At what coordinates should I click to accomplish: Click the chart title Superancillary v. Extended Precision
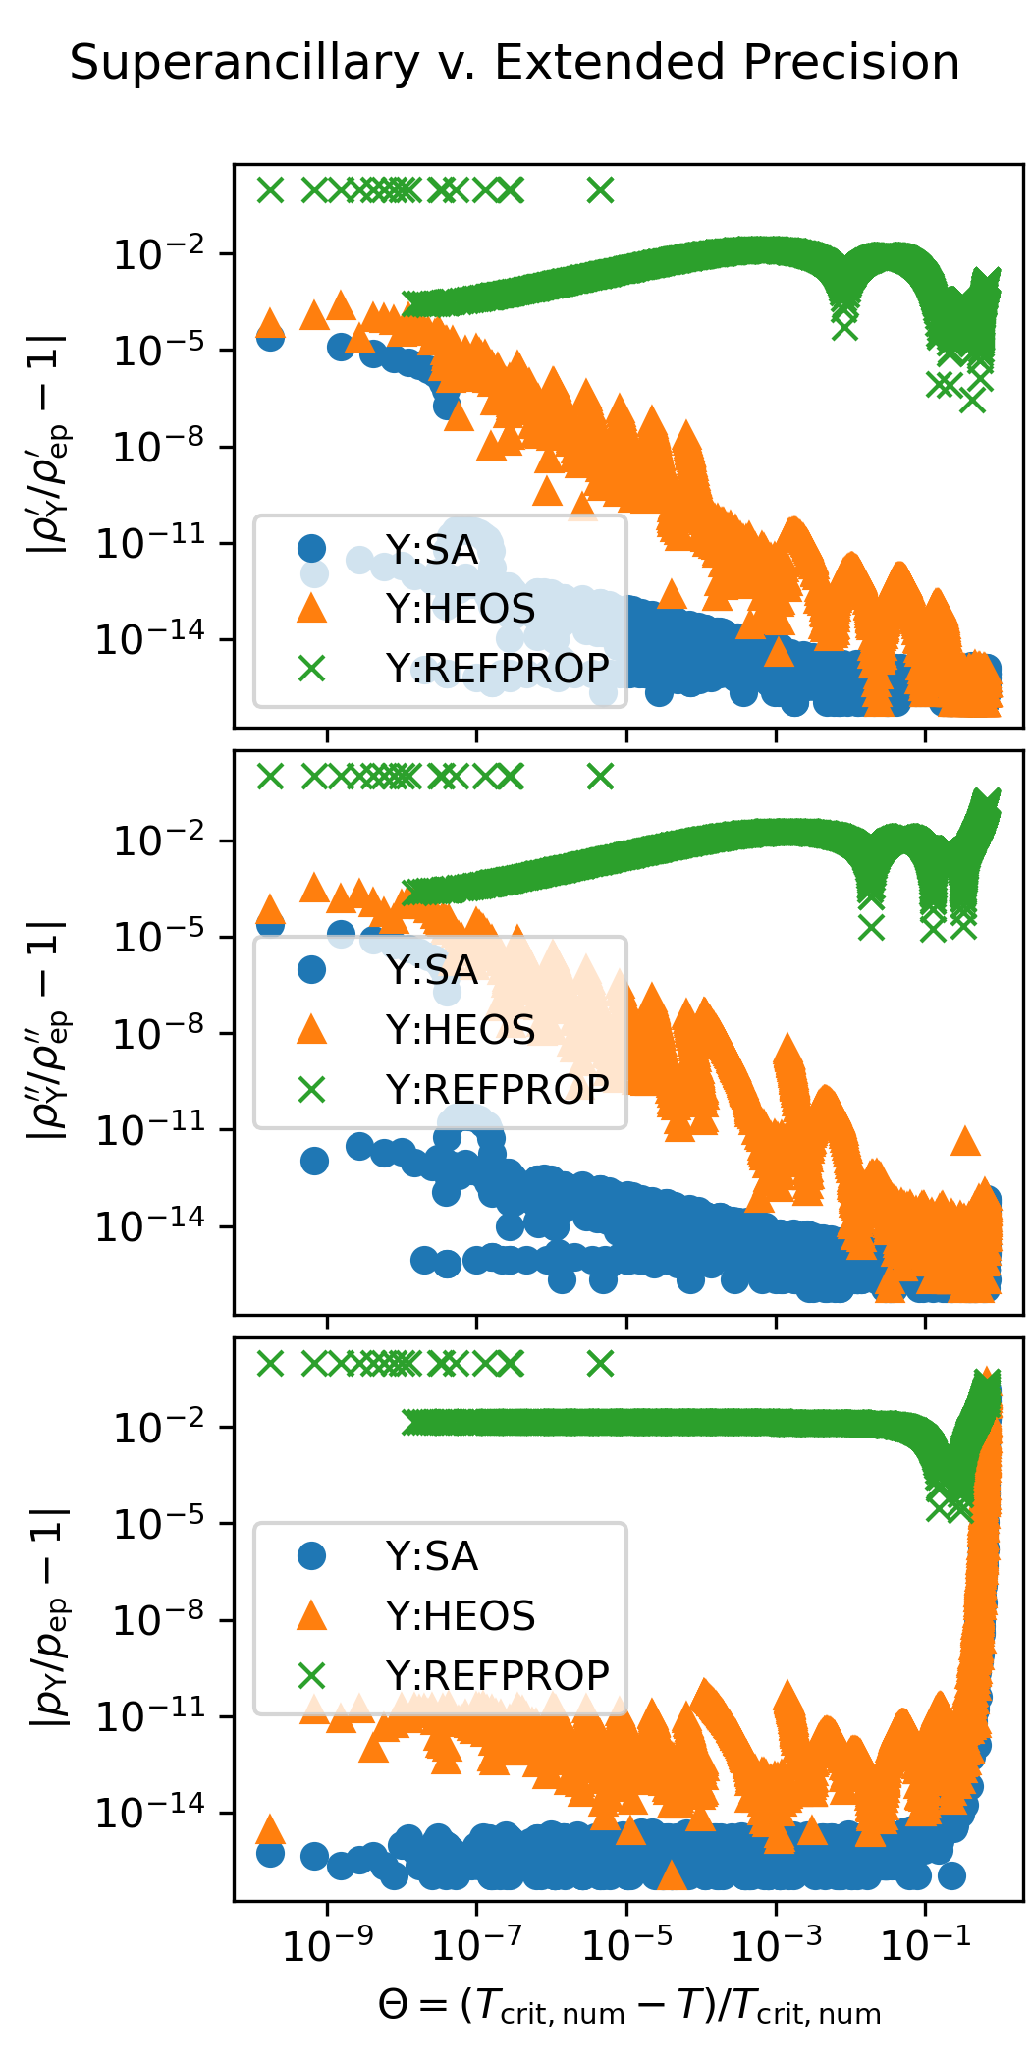[515, 63]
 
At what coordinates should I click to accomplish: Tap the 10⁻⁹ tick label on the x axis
[327, 1945]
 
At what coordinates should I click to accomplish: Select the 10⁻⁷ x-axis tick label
[477, 1945]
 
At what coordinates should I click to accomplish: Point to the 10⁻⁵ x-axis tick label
[626, 1945]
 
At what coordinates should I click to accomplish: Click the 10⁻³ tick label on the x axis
[776, 1945]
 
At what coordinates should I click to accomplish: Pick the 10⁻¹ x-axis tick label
[925, 1945]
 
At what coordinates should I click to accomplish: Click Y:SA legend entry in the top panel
[432, 550]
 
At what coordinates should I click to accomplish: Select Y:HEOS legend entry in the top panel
[460, 609]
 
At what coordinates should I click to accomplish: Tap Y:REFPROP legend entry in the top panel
[497, 668]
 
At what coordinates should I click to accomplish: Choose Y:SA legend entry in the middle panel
[432, 970]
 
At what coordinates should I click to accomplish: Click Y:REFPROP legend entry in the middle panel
[497, 1088]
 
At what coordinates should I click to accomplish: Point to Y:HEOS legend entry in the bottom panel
[460, 1615]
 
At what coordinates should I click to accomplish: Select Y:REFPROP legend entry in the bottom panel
[497, 1674]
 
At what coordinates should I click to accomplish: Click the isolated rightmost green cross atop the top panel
[601, 190]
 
